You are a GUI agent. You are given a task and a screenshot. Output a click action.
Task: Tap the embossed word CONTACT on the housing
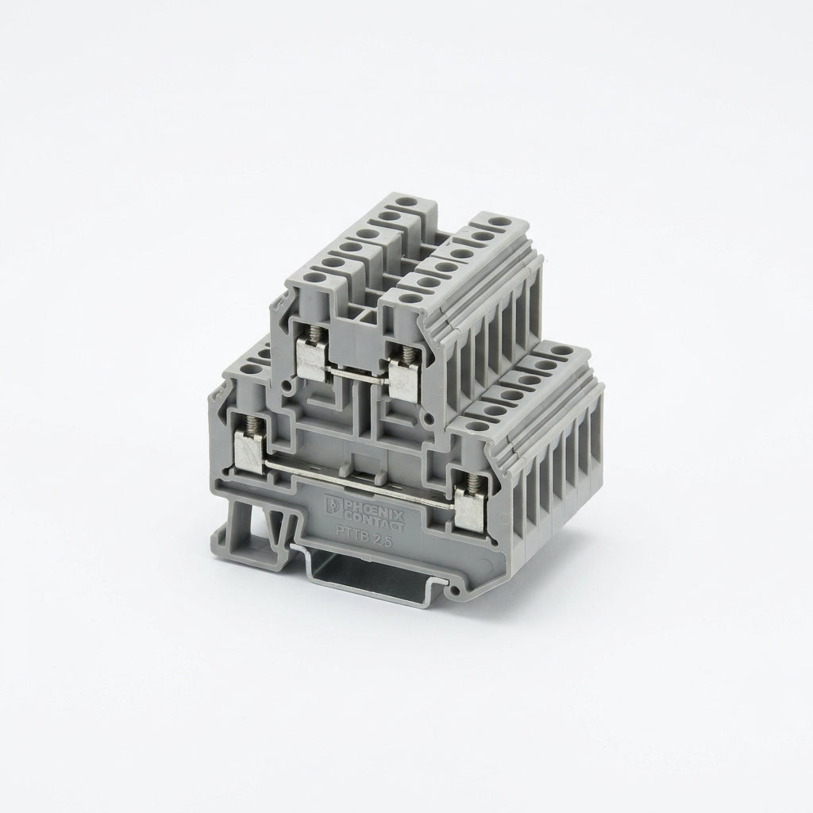[372, 520]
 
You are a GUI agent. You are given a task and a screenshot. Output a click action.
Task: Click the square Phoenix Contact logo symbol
[332, 505]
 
